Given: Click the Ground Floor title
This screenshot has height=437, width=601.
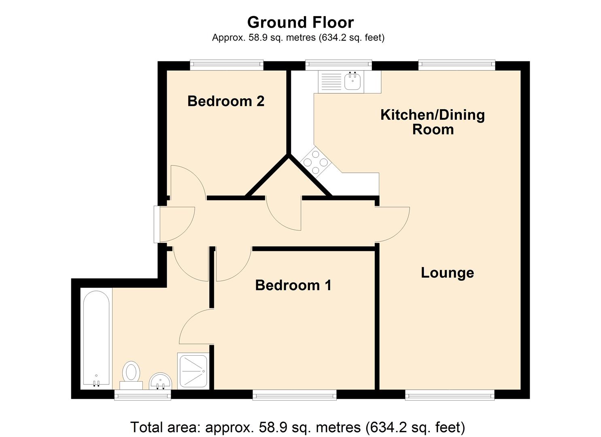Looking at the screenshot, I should [x=300, y=22].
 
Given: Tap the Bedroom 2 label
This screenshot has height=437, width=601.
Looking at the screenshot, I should [x=226, y=101].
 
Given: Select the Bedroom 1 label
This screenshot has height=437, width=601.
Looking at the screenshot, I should [x=293, y=285].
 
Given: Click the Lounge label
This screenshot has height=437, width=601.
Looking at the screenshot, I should [x=447, y=273].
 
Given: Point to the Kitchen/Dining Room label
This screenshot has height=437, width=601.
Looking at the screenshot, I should [x=433, y=122].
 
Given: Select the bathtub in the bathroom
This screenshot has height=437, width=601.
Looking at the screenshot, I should [x=96, y=338].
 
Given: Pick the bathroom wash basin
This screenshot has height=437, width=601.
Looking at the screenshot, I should [x=161, y=381].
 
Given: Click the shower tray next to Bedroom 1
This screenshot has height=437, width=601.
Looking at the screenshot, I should [x=193, y=371].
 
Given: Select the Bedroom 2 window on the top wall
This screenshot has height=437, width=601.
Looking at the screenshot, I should [x=227, y=65].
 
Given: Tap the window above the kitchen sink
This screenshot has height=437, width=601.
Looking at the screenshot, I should [x=338, y=65].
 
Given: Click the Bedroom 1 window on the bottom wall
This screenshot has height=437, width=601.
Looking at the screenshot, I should [x=294, y=395].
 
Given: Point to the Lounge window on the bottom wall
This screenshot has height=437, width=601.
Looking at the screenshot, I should [x=450, y=395].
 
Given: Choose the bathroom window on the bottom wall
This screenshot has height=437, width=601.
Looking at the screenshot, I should [x=142, y=395].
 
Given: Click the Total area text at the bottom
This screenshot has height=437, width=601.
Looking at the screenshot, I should [x=297, y=427].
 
